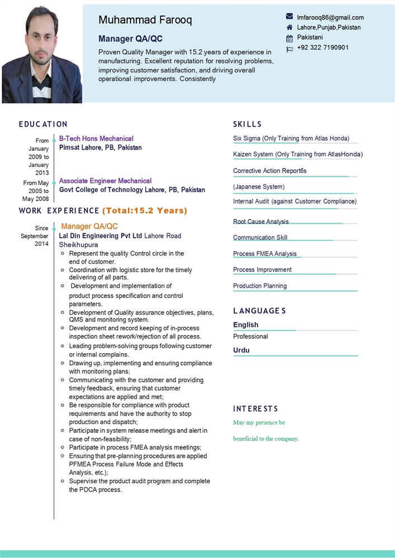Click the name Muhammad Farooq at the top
(145, 20)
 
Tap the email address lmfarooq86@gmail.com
(330, 17)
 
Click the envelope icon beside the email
(289, 17)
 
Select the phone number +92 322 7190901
(323, 47)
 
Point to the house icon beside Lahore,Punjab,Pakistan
(289, 27)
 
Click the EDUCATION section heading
(43, 124)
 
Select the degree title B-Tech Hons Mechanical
(96, 138)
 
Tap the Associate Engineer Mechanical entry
(105, 181)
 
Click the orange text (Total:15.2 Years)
(145, 210)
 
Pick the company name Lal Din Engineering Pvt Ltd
(101, 235)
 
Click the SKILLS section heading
(248, 124)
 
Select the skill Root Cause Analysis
(261, 222)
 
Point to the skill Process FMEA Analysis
(265, 253)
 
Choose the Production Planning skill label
(260, 286)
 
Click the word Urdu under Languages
(241, 350)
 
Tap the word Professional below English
(250, 336)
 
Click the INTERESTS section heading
(255, 409)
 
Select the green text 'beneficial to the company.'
(266, 439)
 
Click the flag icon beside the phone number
(289, 49)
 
